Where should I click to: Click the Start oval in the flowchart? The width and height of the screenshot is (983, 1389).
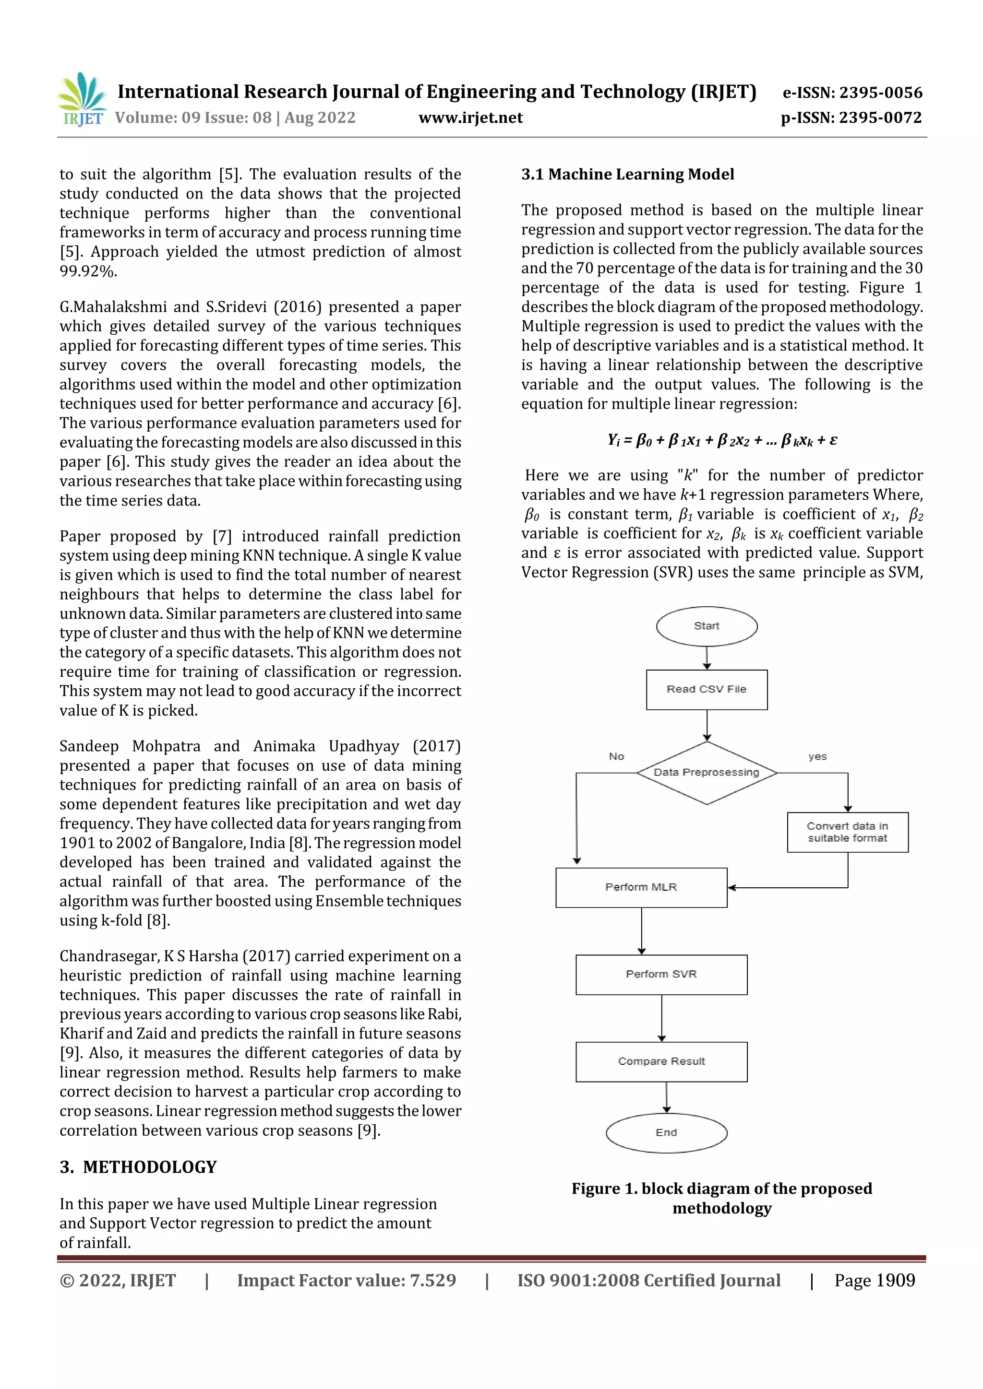pyautogui.click(x=707, y=626)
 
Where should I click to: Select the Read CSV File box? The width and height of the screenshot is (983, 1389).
pyautogui.click(x=707, y=690)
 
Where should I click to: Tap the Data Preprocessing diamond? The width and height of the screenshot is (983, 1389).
pyautogui.click(x=707, y=773)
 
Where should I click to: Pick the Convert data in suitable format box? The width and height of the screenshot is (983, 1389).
pyautogui.click(x=848, y=833)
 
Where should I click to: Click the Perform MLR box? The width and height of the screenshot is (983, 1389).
pyautogui.click(x=641, y=887)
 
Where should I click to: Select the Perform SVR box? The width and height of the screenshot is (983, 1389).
pyautogui.click(x=661, y=975)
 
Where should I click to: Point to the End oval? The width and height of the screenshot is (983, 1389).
pyautogui.click(x=666, y=1132)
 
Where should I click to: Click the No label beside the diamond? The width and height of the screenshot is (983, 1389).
pyautogui.click(x=616, y=757)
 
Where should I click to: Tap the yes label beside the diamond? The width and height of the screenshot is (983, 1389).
pyautogui.click(x=817, y=757)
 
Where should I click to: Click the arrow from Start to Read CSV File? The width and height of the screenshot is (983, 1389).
pyautogui.click(x=707, y=658)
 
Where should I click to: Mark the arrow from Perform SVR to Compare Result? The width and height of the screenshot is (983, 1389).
pyautogui.click(x=661, y=1018)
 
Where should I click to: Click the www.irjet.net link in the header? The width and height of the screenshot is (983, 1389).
pyautogui.click(x=470, y=118)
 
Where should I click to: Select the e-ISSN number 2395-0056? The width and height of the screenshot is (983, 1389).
pyautogui.click(x=881, y=93)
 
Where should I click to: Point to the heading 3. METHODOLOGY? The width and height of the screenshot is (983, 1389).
pyautogui.click(x=138, y=1167)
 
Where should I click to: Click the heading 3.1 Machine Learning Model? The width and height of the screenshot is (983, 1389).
pyautogui.click(x=628, y=174)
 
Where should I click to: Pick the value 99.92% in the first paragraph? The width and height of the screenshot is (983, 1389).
pyautogui.click(x=88, y=271)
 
